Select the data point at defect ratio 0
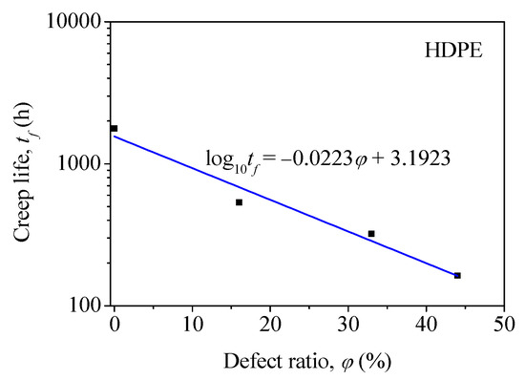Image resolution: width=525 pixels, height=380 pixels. (x=115, y=128)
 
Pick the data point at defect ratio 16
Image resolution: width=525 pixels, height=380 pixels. (x=239, y=202)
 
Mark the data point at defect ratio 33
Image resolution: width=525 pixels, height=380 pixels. (x=371, y=233)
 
